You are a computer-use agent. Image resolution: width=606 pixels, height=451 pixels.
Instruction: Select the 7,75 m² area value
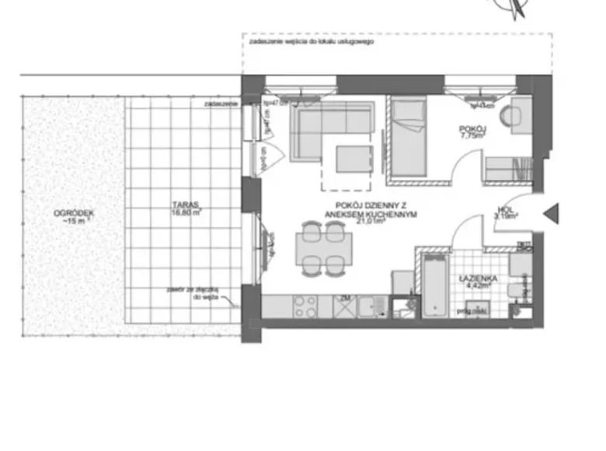tap(472, 135)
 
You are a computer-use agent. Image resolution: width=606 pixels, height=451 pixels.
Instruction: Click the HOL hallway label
tap(504, 208)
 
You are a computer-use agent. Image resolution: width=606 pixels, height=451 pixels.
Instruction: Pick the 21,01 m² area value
tap(371, 220)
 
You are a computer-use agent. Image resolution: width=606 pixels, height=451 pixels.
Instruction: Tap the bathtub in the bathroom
tap(436, 285)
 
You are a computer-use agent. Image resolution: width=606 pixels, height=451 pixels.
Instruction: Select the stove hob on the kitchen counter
tap(303, 306)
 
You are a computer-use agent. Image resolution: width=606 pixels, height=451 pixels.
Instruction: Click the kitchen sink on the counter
tap(371, 306)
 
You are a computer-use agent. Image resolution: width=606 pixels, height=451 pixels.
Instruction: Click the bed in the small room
tap(408, 138)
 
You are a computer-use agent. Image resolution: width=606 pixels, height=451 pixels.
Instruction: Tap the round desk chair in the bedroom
tap(512, 114)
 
